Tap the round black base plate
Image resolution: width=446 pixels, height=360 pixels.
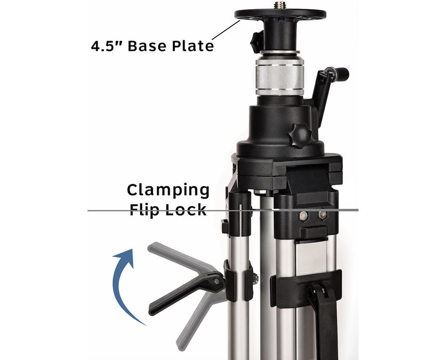(x=280, y=14)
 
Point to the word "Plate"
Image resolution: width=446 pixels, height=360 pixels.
(x=193, y=46)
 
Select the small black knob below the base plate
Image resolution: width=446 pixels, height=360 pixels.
(x=256, y=42)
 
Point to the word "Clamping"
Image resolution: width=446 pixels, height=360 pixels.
(x=168, y=190)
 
